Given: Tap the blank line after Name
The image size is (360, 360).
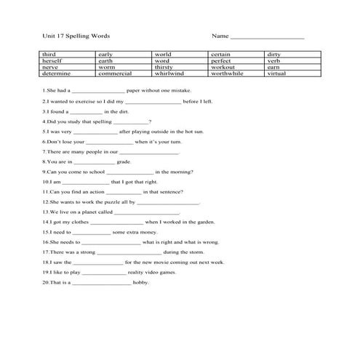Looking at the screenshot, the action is (267, 36).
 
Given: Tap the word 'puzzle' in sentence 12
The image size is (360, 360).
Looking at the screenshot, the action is (100, 202).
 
